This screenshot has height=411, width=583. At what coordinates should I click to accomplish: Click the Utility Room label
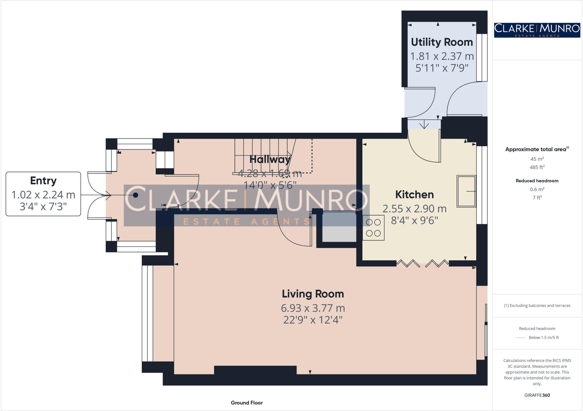point(442,42)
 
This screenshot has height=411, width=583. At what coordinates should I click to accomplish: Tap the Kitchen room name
point(414,195)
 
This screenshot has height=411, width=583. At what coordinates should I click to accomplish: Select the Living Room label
point(313,294)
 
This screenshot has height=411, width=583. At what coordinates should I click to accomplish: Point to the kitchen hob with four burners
point(373,228)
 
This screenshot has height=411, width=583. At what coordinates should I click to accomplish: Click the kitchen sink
point(466,191)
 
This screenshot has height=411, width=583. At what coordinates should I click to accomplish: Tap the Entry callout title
point(43,181)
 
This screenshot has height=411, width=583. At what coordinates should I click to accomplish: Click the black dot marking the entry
point(136,195)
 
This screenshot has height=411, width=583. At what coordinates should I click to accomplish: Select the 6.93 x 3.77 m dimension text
point(313,308)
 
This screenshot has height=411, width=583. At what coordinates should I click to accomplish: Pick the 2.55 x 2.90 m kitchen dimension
point(414,209)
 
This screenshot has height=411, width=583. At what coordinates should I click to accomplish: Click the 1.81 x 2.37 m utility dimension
point(442,56)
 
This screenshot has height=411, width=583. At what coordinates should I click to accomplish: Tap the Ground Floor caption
point(247,403)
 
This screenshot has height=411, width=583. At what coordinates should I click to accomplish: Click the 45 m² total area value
point(537,159)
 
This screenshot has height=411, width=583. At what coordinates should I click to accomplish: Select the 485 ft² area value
point(537,167)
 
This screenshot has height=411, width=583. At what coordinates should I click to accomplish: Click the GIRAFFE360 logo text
point(537,395)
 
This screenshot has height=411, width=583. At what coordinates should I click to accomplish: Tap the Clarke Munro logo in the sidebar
point(537,30)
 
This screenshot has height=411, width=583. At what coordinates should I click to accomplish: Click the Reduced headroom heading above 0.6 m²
point(537,181)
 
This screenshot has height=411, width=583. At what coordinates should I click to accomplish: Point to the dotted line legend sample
point(520,338)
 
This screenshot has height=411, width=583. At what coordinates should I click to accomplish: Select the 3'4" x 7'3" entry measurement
point(43,207)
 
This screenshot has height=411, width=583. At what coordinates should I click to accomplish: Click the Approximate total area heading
point(536,150)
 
